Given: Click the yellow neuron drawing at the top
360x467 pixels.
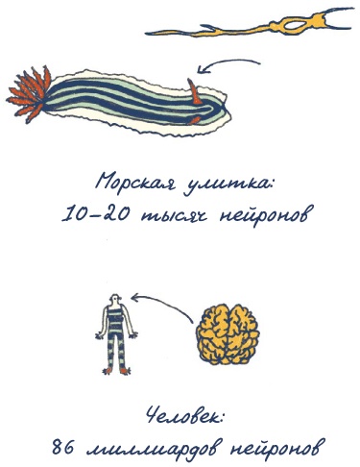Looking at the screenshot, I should point(269,23).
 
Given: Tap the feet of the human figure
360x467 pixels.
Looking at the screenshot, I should point(116,370).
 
